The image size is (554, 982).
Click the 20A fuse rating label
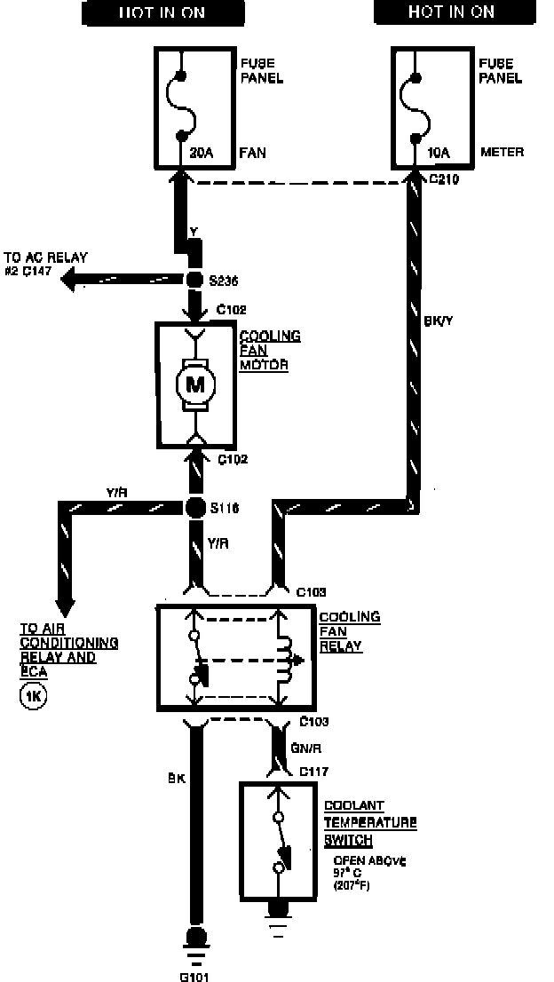tap(202, 153)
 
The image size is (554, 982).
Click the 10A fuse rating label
tap(438, 153)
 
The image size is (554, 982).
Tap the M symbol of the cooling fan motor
tap(194, 384)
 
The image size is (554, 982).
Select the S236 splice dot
tap(194, 281)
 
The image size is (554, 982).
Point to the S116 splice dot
tap(194, 508)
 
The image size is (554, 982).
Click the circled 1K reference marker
tap(33, 695)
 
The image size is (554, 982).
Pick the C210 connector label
tap(444, 178)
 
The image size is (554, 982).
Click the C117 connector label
tap(313, 771)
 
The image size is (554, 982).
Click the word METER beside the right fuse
tap(503, 153)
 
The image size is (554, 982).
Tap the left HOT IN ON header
tap(162, 12)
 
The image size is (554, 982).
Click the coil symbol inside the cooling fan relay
tap(284, 660)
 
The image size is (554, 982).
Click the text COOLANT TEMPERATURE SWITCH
tap(370, 822)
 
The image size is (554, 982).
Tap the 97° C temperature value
tap(349, 874)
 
